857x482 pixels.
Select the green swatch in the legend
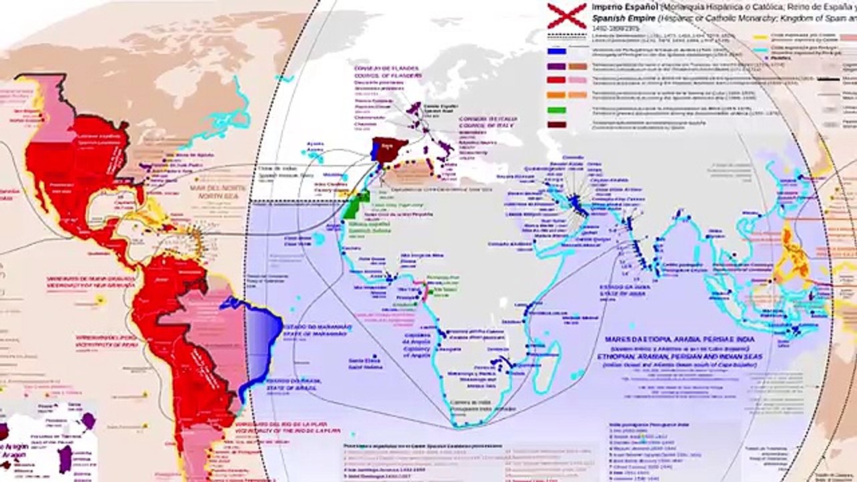556,110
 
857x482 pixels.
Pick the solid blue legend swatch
556,51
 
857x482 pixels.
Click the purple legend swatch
556,66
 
